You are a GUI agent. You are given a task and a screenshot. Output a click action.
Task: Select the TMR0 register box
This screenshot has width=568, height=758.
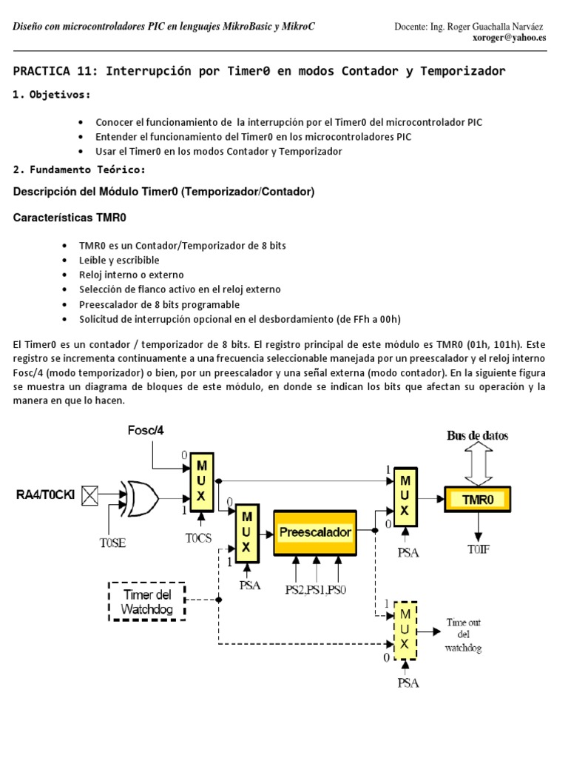tap(477, 500)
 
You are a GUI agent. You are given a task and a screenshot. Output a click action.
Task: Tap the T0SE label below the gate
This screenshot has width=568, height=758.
tap(113, 542)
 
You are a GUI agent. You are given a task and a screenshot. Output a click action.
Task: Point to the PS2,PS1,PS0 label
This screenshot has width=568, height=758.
tap(317, 589)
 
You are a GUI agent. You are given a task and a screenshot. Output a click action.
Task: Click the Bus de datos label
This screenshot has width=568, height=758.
tap(477, 435)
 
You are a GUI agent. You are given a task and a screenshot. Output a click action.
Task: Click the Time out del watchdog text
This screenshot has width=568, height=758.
tap(463, 635)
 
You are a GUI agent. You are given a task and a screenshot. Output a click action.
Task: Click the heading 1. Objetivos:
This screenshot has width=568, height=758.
tap(53, 95)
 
